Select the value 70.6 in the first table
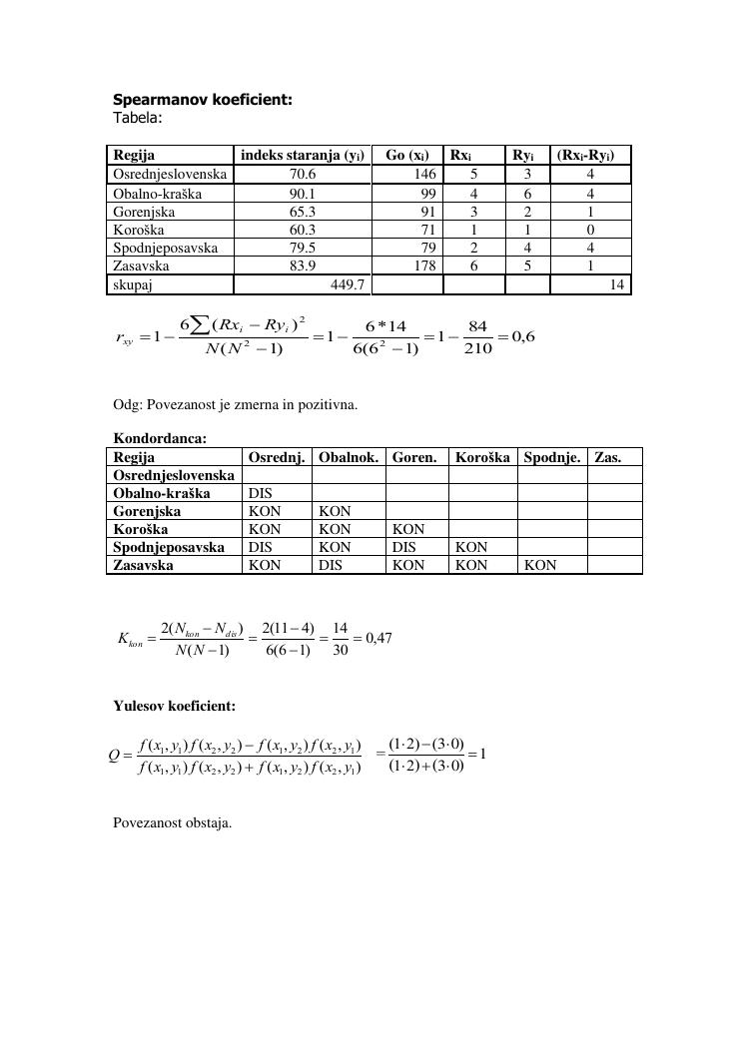(303, 174)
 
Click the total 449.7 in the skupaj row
(347, 285)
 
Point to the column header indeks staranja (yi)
(302, 155)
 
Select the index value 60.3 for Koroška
(303, 230)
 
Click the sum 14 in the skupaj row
(616, 285)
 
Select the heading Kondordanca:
(160, 438)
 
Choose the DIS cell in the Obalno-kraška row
(261, 493)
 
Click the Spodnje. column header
(551, 457)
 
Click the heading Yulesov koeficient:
(174, 707)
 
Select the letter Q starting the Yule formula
(114, 755)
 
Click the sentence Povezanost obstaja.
(172, 823)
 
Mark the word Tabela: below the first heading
(138, 117)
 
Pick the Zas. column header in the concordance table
(607, 457)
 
